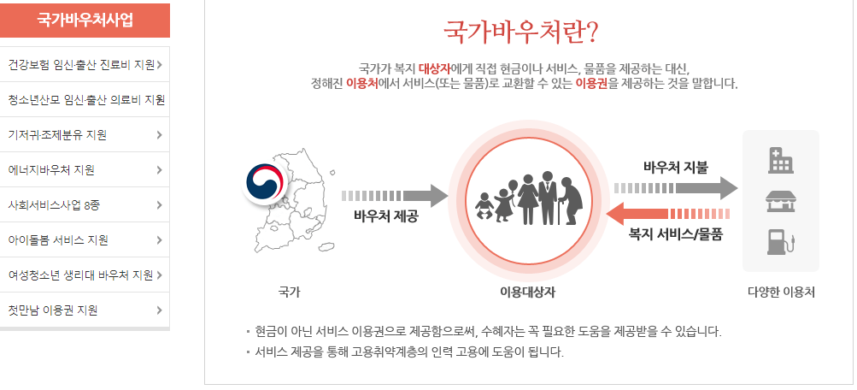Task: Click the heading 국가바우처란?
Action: click(x=520, y=31)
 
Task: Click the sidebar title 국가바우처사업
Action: click(x=85, y=21)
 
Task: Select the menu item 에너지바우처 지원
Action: click(x=50, y=169)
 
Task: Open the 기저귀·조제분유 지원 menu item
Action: click(x=56, y=134)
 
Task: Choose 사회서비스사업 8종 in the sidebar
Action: click(x=54, y=204)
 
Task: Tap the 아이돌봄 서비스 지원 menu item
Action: click(x=58, y=239)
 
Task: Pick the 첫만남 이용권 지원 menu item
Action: click(x=52, y=310)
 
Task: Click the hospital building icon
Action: click(x=780, y=160)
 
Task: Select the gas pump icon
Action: click(x=780, y=240)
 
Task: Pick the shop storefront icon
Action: click(x=780, y=201)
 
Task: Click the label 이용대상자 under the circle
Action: click(x=528, y=292)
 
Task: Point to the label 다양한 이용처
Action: click(x=781, y=292)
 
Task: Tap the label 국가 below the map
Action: click(x=290, y=292)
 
